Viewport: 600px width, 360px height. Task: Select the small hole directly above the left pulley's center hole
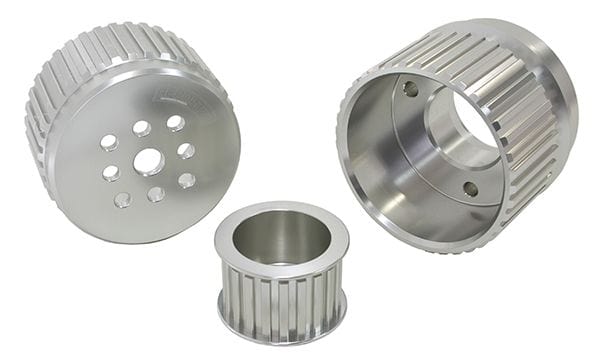142,129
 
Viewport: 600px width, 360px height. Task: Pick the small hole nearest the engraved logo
176,123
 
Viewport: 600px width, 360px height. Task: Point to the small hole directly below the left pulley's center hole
156,194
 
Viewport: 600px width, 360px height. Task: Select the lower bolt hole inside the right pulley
470,188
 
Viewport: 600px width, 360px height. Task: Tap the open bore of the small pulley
281,236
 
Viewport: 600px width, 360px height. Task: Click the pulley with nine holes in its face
140,140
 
